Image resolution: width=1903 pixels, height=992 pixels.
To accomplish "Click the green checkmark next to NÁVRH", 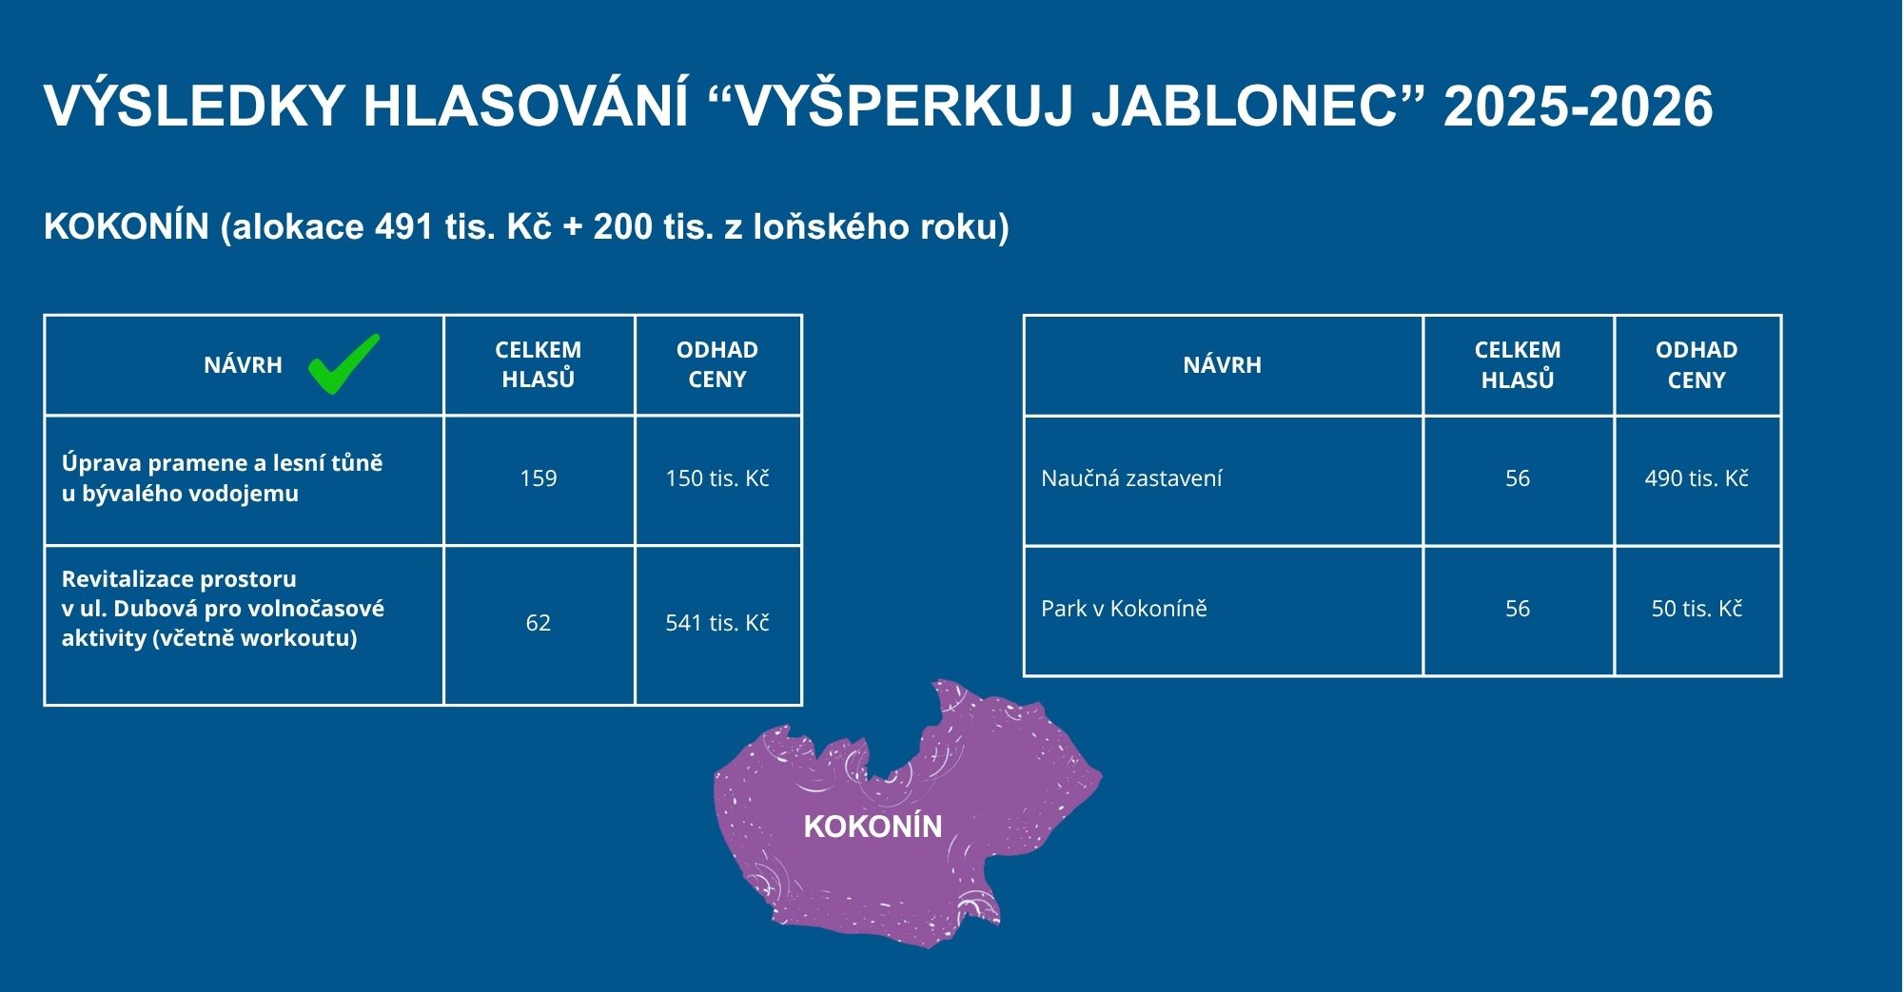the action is (343, 364).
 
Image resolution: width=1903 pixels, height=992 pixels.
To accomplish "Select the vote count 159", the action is (539, 478).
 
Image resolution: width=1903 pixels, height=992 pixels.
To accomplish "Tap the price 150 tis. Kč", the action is (717, 478).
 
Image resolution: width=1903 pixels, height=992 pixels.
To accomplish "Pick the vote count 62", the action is (539, 623).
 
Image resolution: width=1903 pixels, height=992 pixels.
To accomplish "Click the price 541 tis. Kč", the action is (717, 623).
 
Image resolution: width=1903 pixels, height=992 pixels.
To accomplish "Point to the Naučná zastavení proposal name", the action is (1131, 478).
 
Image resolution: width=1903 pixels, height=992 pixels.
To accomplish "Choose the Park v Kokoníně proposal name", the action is (1124, 609).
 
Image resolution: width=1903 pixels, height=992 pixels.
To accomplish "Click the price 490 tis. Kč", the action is (1697, 478).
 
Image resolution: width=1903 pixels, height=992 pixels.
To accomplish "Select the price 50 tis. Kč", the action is (1697, 609).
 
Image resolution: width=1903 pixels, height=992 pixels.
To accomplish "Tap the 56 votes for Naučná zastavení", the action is (1518, 478).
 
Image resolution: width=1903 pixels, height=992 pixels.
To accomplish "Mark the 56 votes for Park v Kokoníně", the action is (1518, 609).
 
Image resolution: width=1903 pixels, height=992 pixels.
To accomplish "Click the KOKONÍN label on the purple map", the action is (873, 827).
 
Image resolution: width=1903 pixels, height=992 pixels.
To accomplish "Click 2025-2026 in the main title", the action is (1579, 106).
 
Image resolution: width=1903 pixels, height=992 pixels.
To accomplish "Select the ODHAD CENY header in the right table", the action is (1697, 364).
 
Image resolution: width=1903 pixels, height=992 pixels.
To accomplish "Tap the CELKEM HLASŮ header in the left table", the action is (539, 364).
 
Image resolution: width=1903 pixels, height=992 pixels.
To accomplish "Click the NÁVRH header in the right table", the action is (1223, 364).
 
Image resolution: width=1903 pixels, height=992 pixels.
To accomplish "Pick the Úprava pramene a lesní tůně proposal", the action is (223, 478).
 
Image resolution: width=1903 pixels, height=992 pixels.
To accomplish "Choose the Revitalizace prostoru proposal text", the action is (223, 609).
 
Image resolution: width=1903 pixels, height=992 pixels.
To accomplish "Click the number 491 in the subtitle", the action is (405, 227).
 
